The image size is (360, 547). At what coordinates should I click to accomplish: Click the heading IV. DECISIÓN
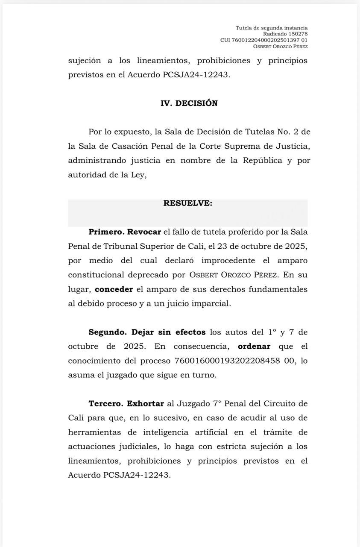(189, 103)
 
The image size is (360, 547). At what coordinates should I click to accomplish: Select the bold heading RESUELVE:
(187, 203)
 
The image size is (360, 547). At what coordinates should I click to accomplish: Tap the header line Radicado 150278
(285, 34)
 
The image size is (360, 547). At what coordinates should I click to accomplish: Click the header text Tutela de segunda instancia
(271, 28)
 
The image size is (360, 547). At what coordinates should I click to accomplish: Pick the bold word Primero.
(105, 232)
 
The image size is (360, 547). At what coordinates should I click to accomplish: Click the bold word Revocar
(144, 232)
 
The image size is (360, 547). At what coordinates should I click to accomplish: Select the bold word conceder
(114, 289)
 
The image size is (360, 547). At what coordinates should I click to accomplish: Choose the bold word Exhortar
(145, 403)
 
